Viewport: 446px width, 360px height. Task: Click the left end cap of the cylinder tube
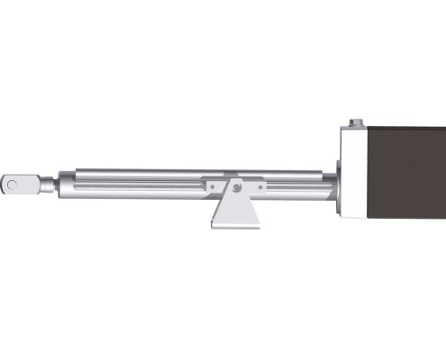(65, 184)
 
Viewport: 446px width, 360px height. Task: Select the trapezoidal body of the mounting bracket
(236, 209)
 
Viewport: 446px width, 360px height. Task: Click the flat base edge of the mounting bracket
(236, 225)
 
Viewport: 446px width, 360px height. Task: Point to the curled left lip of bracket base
(214, 224)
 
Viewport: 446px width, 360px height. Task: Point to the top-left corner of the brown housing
(370, 128)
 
